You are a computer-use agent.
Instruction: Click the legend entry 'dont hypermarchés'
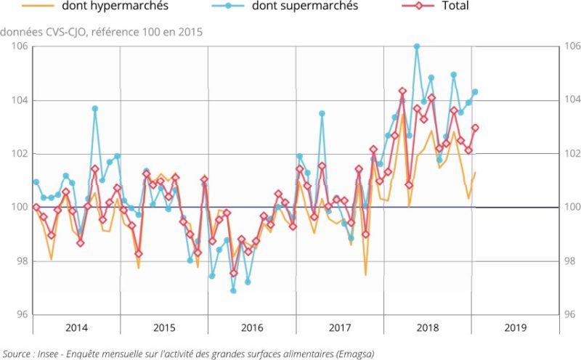[x=105, y=7]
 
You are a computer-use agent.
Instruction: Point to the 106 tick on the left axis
[x=20, y=46]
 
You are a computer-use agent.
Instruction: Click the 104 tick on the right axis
[x=572, y=100]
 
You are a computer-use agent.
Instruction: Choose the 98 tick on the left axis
[x=20, y=261]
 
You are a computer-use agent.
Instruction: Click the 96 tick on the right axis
[x=572, y=315]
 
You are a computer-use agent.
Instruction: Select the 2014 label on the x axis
[x=77, y=327]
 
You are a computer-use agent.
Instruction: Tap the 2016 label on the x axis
[x=252, y=327]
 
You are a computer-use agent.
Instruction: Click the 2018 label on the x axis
[x=428, y=327]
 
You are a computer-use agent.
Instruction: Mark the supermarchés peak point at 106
[x=417, y=46]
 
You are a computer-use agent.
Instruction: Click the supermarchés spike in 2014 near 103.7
[x=95, y=108]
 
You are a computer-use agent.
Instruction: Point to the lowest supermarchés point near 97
[x=234, y=290]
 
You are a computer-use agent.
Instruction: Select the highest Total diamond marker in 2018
[x=402, y=91]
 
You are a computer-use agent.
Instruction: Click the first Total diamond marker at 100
[x=36, y=207]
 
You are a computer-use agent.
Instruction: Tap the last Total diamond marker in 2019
[x=476, y=128]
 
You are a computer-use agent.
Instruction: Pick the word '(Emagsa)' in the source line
[x=354, y=353]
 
